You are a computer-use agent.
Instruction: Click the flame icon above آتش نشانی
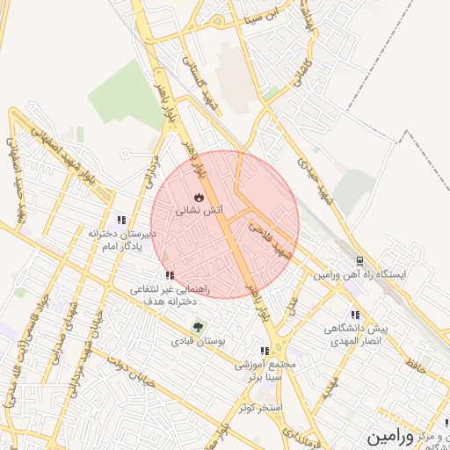199,197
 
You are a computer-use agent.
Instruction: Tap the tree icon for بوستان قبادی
197,326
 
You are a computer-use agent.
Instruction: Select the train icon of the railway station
359,261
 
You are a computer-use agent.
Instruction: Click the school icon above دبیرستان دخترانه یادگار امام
121,220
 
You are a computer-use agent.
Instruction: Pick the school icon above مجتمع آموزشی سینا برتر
265,350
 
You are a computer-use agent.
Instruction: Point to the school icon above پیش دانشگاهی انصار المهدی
355,315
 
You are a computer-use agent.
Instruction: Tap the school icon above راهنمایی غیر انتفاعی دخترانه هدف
169,275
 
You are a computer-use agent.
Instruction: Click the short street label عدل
293,305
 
